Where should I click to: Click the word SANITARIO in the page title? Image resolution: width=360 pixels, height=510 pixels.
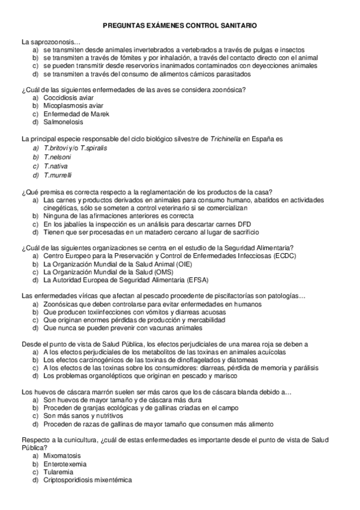coord(237,26)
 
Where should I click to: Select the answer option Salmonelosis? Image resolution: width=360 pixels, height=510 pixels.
coord(64,122)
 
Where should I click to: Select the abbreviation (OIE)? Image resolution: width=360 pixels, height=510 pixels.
coord(180,263)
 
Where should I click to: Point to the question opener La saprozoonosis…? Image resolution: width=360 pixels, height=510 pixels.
coord(50,42)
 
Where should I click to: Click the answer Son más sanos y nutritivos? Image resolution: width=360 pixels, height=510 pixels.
coord(83,416)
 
